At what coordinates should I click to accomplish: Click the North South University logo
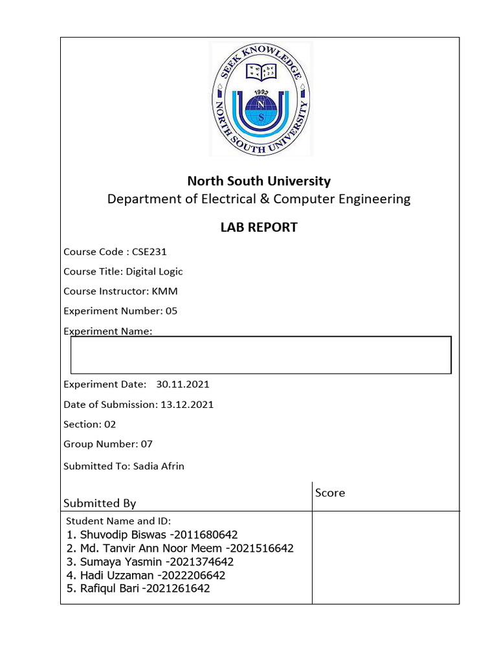[261, 99]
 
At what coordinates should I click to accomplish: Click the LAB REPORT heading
[259, 227]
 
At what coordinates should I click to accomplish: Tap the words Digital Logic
[159, 271]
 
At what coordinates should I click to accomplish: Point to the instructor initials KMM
[164, 291]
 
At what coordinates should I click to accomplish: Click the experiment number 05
[171, 311]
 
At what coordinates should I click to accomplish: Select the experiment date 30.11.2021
[182, 384]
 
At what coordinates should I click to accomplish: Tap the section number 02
[110, 424]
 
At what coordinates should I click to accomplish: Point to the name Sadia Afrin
[159, 466]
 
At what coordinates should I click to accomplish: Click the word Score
[330, 493]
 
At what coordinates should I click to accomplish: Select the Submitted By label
[100, 503]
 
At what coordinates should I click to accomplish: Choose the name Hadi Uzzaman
[116, 575]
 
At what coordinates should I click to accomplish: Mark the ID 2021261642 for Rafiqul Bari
[179, 589]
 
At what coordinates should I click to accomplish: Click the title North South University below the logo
[259, 181]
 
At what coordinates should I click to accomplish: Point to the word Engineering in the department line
[373, 199]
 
